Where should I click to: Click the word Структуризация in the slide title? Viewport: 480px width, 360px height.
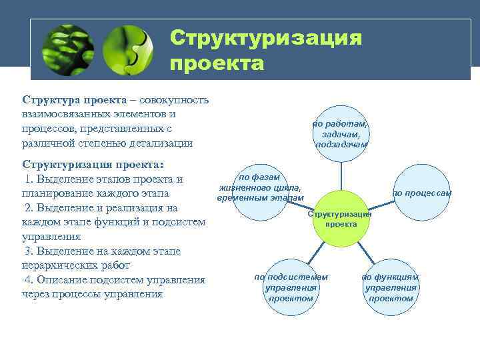tap(265, 38)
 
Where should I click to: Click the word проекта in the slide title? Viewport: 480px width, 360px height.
tap(217, 64)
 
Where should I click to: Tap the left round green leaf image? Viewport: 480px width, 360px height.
tap(67, 51)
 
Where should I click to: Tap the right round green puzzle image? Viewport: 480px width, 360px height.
tap(129, 51)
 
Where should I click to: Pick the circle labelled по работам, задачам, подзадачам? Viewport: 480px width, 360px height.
tap(340, 133)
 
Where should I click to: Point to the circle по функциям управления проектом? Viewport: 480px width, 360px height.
tap(391, 287)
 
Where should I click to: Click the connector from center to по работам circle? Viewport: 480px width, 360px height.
tap(341, 176)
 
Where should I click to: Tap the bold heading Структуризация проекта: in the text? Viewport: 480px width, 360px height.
tap(93, 164)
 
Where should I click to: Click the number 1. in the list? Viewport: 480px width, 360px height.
tap(29, 179)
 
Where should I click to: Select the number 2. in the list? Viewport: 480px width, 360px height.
tap(29, 207)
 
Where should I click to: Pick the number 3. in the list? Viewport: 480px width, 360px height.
tap(29, 251)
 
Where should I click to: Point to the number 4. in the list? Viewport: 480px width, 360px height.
tap(29, 279)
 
